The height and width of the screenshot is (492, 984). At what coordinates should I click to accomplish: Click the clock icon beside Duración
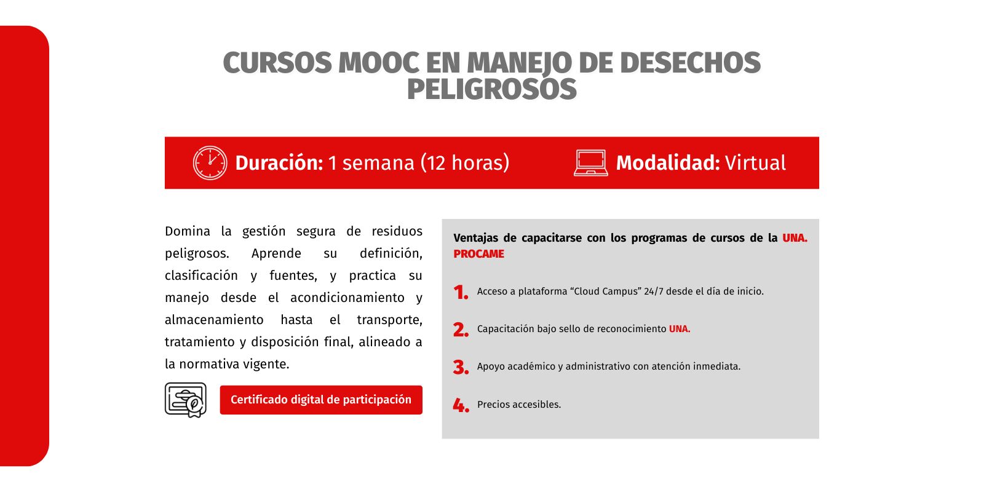coord(210,163)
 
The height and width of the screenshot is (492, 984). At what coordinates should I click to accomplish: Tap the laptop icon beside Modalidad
coord(591,163)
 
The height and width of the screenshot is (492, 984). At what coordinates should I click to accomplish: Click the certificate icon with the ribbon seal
coord(185,400)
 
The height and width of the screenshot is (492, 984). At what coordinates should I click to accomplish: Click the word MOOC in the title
coord(379,63)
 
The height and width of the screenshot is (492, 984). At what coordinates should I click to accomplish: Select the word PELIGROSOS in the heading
coord(491,90)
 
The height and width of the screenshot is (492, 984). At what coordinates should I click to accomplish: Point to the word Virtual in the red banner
coord(755,163)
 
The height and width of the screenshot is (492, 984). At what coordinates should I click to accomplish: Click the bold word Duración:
coord(279,163)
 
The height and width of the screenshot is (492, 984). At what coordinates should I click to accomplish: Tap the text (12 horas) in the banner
coord(465,163)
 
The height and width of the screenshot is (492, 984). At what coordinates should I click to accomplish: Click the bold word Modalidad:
coord(668,163)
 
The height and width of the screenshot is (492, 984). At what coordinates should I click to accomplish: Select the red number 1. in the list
coord(461,293)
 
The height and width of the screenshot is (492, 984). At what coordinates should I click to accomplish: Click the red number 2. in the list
coord(461,330)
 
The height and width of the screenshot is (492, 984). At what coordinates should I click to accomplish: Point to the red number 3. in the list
coord(461,368)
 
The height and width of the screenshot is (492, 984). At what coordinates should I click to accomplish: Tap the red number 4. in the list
coord(461,405)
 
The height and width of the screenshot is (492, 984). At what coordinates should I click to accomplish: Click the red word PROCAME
coord(479,254)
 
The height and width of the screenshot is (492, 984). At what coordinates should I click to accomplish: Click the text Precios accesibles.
coord(519,404)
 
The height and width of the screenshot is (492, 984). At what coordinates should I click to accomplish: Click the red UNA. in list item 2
coord(680,328)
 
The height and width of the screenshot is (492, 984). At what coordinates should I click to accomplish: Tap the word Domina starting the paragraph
coord(188,231)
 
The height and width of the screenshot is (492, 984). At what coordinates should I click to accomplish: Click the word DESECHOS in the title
coord(690,63)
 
